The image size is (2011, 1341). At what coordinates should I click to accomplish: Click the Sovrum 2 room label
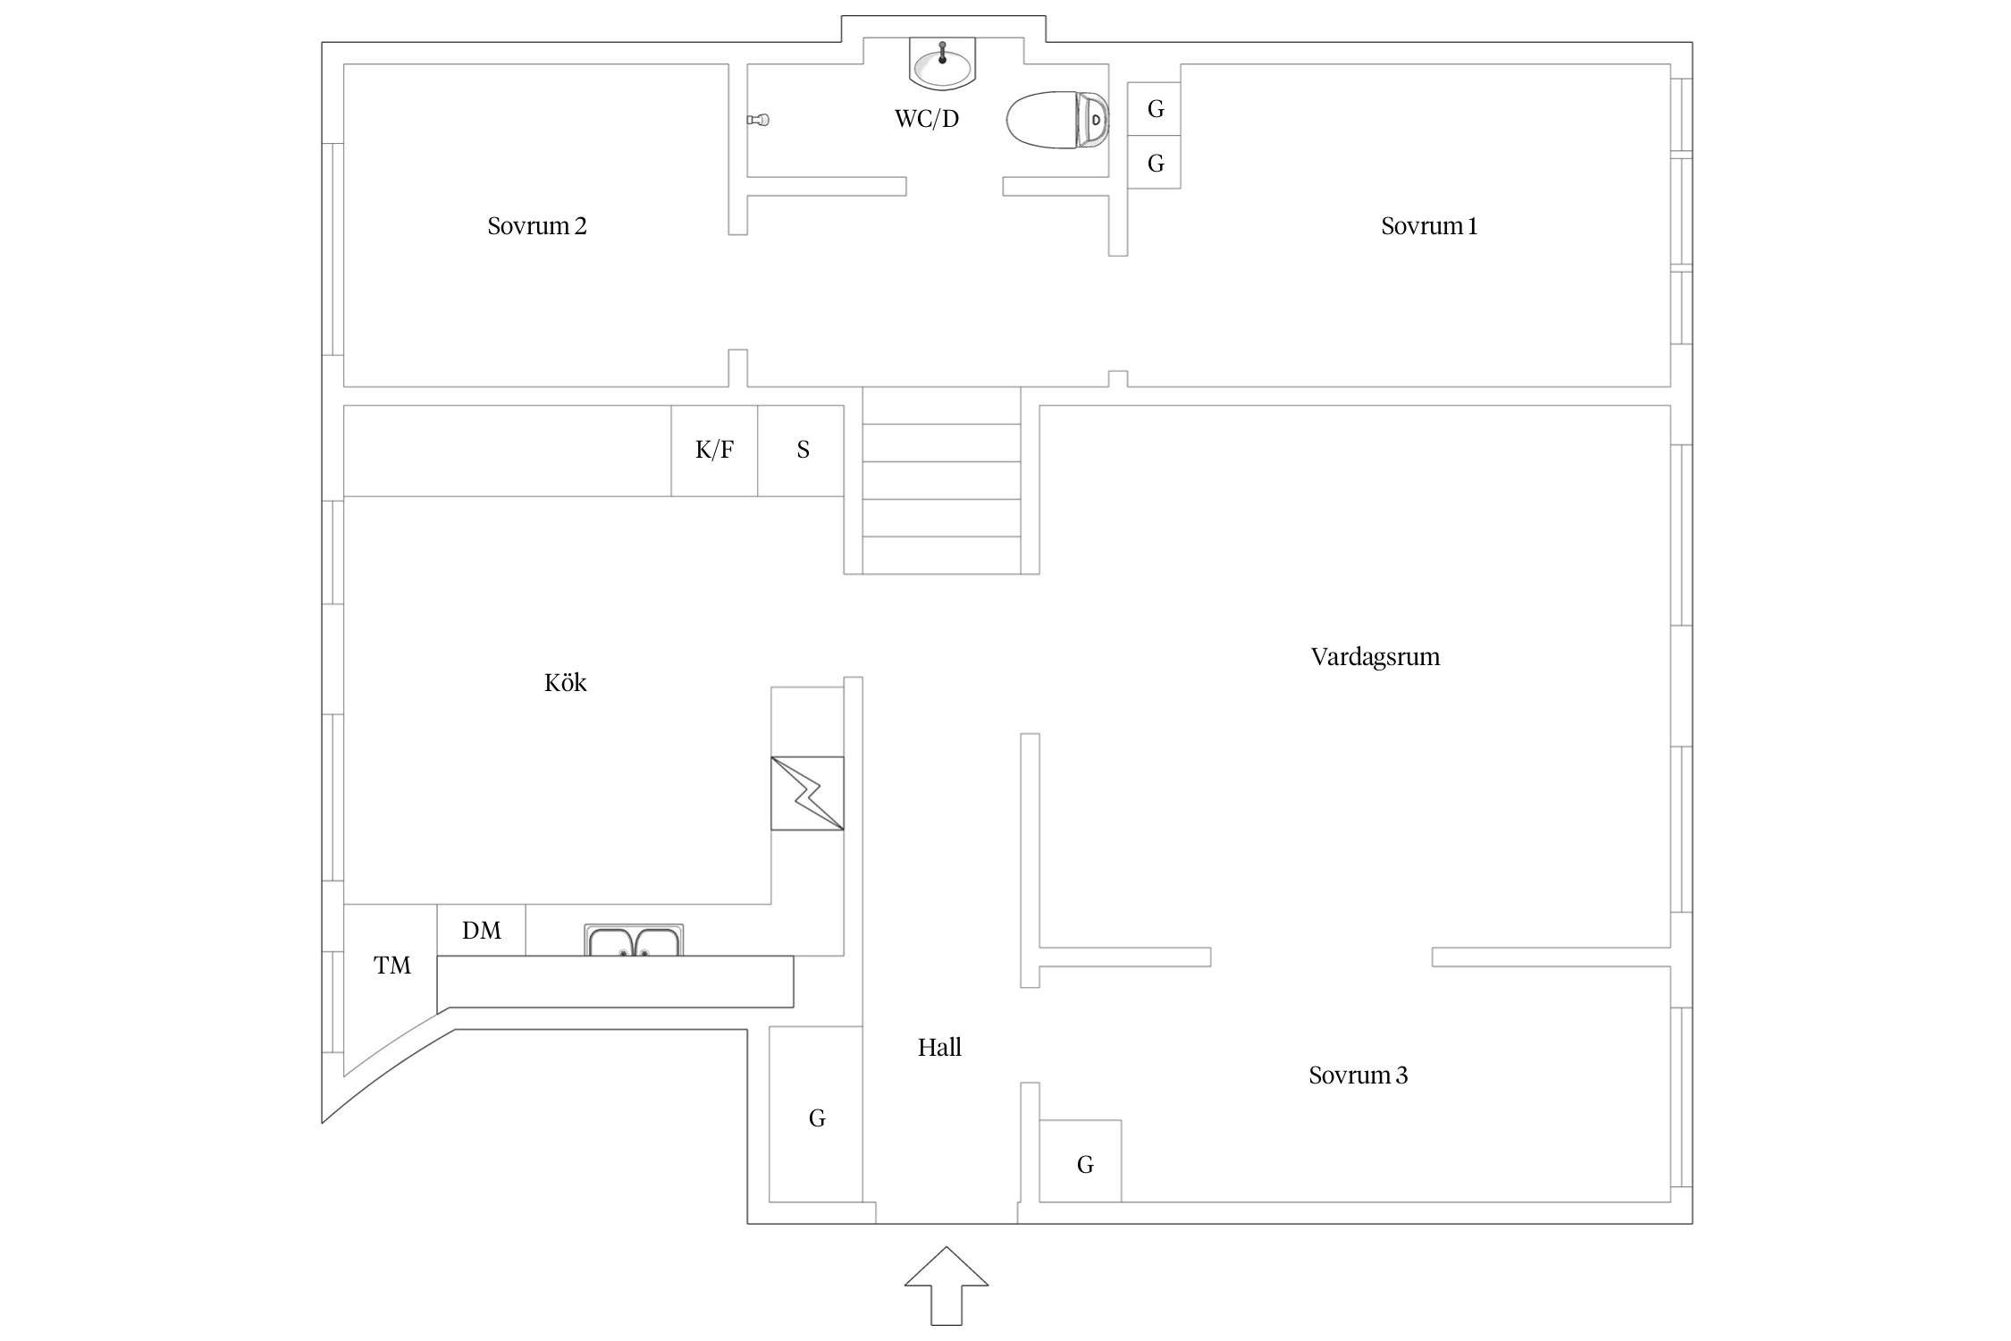pos(537,226)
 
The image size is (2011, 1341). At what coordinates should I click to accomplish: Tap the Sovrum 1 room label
pos(1428,226)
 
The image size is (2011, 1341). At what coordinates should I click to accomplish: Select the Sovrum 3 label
pos(1358,1075)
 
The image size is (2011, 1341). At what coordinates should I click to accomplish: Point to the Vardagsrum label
pos(1375,657)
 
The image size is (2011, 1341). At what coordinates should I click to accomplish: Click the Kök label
pos(565,683)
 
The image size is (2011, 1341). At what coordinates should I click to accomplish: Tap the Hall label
pos(939,1048)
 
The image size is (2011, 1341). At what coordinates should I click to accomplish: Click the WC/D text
pos(927,119)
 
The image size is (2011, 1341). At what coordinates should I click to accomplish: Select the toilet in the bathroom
pos(1057,119)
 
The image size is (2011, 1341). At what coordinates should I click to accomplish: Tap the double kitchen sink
pos(634,941)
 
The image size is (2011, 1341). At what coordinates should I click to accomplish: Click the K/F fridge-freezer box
pos(714,451)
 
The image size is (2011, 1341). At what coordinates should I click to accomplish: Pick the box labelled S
pos(802,451)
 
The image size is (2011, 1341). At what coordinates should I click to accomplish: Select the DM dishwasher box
pos(481,931)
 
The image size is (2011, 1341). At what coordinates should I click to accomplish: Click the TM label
pos(391,966)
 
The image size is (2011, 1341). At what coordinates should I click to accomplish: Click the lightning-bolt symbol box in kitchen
pos(807,793)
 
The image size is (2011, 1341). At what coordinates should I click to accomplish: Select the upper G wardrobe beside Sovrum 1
pos(1154,109)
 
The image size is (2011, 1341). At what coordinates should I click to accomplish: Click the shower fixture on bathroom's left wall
pos(759,120)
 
